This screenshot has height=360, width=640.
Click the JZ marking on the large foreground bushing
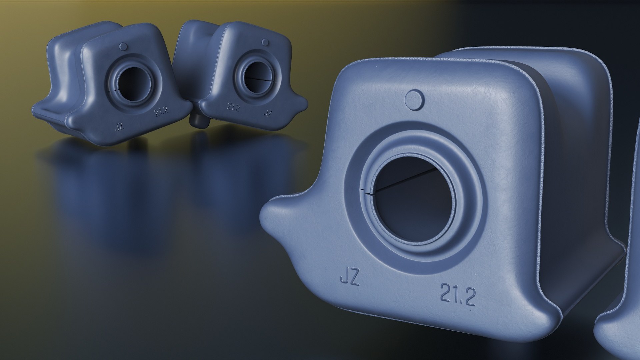pos(349,279)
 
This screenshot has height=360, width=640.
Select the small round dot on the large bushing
pos(414,99)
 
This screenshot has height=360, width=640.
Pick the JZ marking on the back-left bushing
pos(119,127)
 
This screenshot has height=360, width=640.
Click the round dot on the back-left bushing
pos(123,46)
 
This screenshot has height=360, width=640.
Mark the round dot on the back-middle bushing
pos(265,42)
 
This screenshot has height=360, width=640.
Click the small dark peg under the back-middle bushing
pos(199,122)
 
